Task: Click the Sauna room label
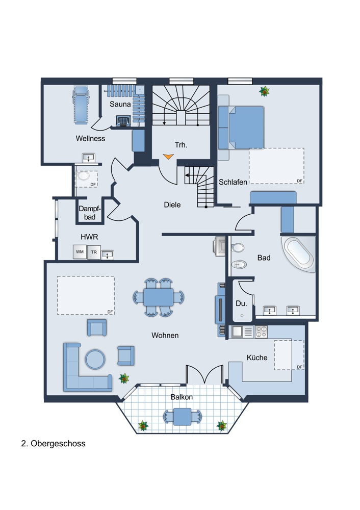tap(120, 104)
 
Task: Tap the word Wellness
tap(90, 138)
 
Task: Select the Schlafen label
tap(233, 182)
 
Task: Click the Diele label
tap(172, 205)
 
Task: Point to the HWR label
tap(89, 237)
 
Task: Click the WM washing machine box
tap(80, 252)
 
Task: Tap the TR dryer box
tap(94, 252)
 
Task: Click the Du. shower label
tap(241, 303)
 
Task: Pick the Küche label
tap(257, 358)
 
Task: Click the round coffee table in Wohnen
tap(95, 359)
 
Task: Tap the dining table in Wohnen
tap(159, 297)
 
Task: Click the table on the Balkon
tap(182, 417)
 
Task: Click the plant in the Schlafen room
tap(265, 91)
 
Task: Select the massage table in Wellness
tap(81, 105)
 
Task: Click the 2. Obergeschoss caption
tap(54, 444)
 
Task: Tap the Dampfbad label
tap(90, 213)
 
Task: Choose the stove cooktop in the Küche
tap(261, 331)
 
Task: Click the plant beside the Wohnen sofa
tap(124, 378)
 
